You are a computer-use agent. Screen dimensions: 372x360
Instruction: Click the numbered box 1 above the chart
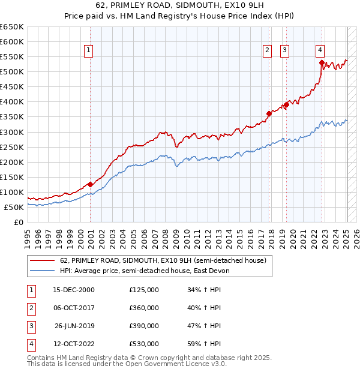point(88,51)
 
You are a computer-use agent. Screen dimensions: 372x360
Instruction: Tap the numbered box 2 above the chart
point(266,51)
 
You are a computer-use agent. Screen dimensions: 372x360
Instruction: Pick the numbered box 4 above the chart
point(320,51)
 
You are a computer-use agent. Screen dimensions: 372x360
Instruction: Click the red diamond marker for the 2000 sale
point(91,184)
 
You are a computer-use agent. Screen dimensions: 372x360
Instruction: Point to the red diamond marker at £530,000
point(322,62)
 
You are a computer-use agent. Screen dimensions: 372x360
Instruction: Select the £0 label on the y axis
point(18,222)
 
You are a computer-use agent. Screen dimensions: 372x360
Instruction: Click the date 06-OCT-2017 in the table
point(74,308)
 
